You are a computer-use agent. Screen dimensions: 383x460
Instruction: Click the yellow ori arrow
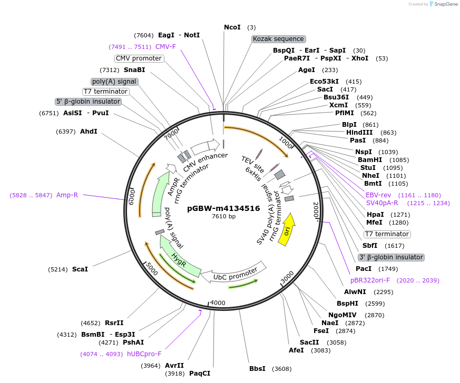(287, 229)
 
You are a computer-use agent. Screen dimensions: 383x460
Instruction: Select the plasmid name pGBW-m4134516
(223, 208)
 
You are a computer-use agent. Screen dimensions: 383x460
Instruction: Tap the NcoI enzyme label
(232, 27)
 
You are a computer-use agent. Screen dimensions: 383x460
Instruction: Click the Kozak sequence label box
(278, 39)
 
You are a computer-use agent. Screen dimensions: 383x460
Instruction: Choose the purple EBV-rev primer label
(378, 195)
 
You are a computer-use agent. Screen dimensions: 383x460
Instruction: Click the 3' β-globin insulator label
(390, 257)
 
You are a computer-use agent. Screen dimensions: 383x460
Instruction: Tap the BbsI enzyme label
(257, 369)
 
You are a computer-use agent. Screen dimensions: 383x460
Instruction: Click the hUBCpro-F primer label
(144, 354)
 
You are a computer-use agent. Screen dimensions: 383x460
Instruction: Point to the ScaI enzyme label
(80, 269)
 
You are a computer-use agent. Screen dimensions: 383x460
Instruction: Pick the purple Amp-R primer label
(67, 195)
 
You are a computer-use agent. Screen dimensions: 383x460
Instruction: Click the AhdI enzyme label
(89, 131)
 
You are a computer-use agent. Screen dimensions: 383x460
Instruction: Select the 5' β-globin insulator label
(89, 102)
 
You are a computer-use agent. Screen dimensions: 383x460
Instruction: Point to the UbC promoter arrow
(235, 272)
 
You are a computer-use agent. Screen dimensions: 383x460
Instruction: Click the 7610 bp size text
(223, 216)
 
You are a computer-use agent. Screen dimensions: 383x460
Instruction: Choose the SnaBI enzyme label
(134, 70)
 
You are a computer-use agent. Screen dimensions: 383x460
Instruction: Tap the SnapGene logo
(443, 4)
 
